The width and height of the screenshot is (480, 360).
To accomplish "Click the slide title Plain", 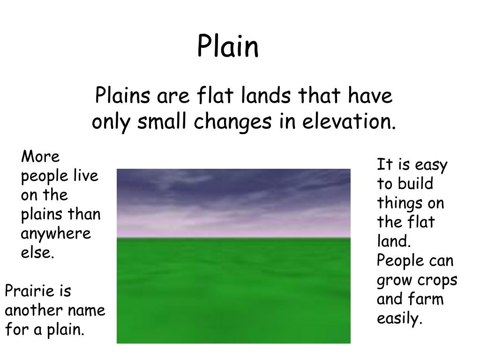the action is pyautogui.click(x=228, y=46).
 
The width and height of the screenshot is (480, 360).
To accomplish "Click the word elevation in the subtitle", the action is pyautogui.click(x=349, y=121).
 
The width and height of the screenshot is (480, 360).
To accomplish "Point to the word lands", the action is pyautogui.click(x=266, y=95).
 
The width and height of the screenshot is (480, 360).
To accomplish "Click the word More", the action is pyautogui.click(x=40, y=157).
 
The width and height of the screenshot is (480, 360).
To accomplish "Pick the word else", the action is pyautogui.click(x=37, y=253).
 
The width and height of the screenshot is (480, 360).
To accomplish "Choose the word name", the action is pyautogui.click(x=87, y=310).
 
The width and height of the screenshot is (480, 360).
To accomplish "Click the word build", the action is pyautogui.click(x=415, y=184).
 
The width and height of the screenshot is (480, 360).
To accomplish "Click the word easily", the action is pyautogui.click(x=399, y=319).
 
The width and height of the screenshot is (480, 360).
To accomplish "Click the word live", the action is pyautogui.click(x=86, y=176).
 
